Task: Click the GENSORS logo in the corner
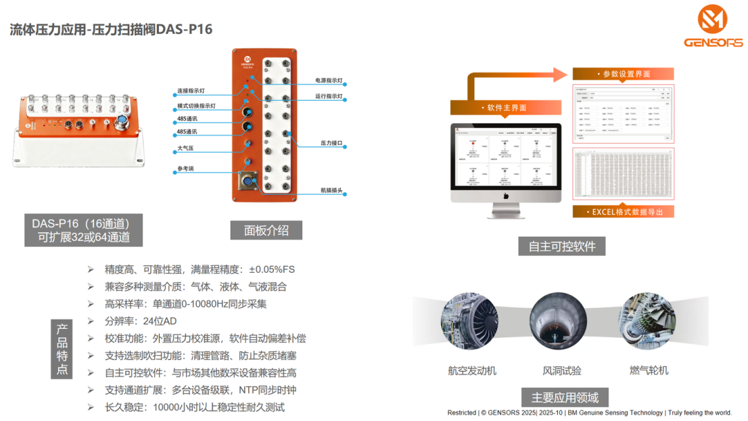713,26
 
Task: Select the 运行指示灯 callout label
329,96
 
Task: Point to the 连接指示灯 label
191,91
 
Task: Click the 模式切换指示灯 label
196,106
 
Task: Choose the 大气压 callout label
185,148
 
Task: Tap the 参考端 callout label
185,169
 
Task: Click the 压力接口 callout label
331,143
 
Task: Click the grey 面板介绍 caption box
266,231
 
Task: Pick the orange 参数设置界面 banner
622,74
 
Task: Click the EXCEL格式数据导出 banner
623,212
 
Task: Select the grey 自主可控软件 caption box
561,246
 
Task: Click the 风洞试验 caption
561,370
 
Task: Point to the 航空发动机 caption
472,370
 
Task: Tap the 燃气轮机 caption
649,370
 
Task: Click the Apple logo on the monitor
506,196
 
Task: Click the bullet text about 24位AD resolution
141,321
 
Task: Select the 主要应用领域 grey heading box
560,397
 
